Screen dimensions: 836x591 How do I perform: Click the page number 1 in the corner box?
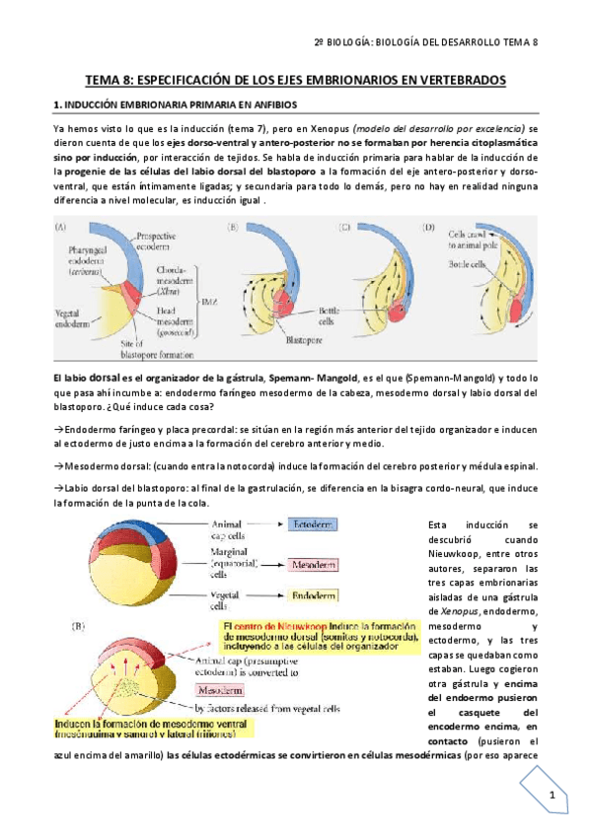(x=554, y=797)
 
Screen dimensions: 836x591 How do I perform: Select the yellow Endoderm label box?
(x=314, y=595)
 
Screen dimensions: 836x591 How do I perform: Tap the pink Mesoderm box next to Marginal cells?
(x=315, y=566)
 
